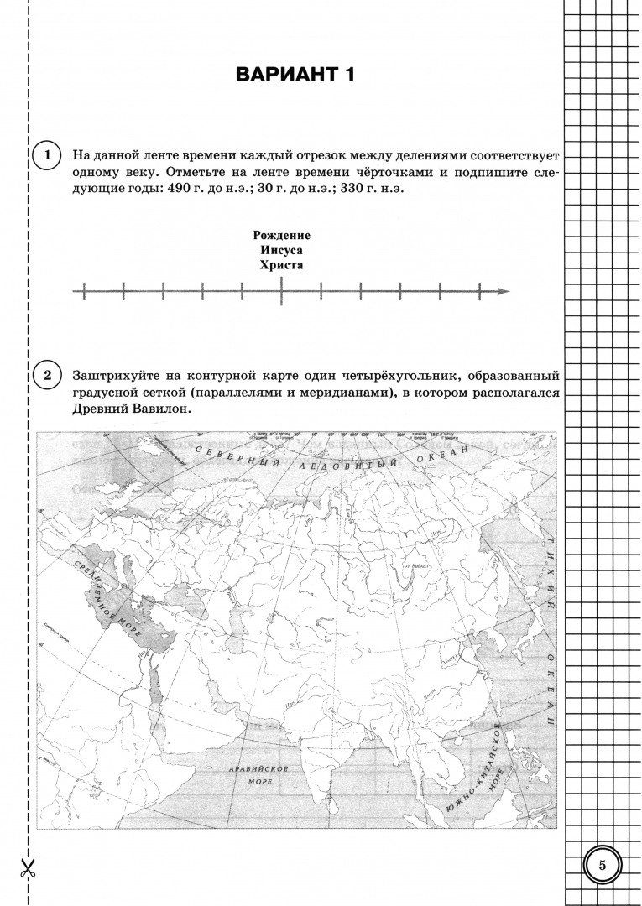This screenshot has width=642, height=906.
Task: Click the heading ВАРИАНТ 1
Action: click(296, 75)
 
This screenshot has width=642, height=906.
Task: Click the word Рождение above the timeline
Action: click(281, 236)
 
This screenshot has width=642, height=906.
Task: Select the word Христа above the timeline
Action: click(281, 264)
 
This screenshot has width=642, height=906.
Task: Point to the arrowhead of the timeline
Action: click(504, 291)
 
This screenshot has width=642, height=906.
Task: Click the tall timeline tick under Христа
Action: click(281, 291)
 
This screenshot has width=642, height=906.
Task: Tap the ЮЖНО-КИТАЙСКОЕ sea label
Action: click(477, 763)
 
